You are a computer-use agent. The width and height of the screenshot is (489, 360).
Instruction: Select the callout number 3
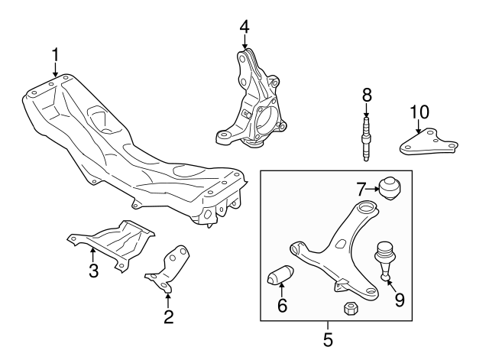92,271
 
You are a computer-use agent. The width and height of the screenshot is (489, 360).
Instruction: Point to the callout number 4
244,27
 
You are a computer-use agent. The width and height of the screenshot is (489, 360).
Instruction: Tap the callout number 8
367,95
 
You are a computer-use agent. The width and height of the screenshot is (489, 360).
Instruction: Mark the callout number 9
399,300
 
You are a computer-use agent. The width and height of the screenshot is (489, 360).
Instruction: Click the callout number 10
418,112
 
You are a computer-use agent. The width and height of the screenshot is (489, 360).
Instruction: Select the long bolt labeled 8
367,138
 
